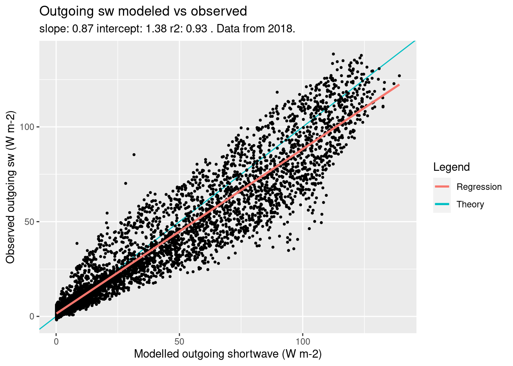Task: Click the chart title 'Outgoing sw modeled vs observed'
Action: (143, 11)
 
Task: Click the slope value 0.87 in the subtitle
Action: (83, 29)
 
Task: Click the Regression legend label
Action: (479, 187)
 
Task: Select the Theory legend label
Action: (470, 204)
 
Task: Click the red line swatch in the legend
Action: (442, 186)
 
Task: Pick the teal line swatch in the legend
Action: (442, 204)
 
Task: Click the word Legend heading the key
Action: (452, 167)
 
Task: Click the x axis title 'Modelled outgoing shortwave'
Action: (228, 354)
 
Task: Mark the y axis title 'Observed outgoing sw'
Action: (11, 187)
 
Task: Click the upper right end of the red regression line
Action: (399, 85)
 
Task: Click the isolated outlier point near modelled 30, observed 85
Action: (134, 154)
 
